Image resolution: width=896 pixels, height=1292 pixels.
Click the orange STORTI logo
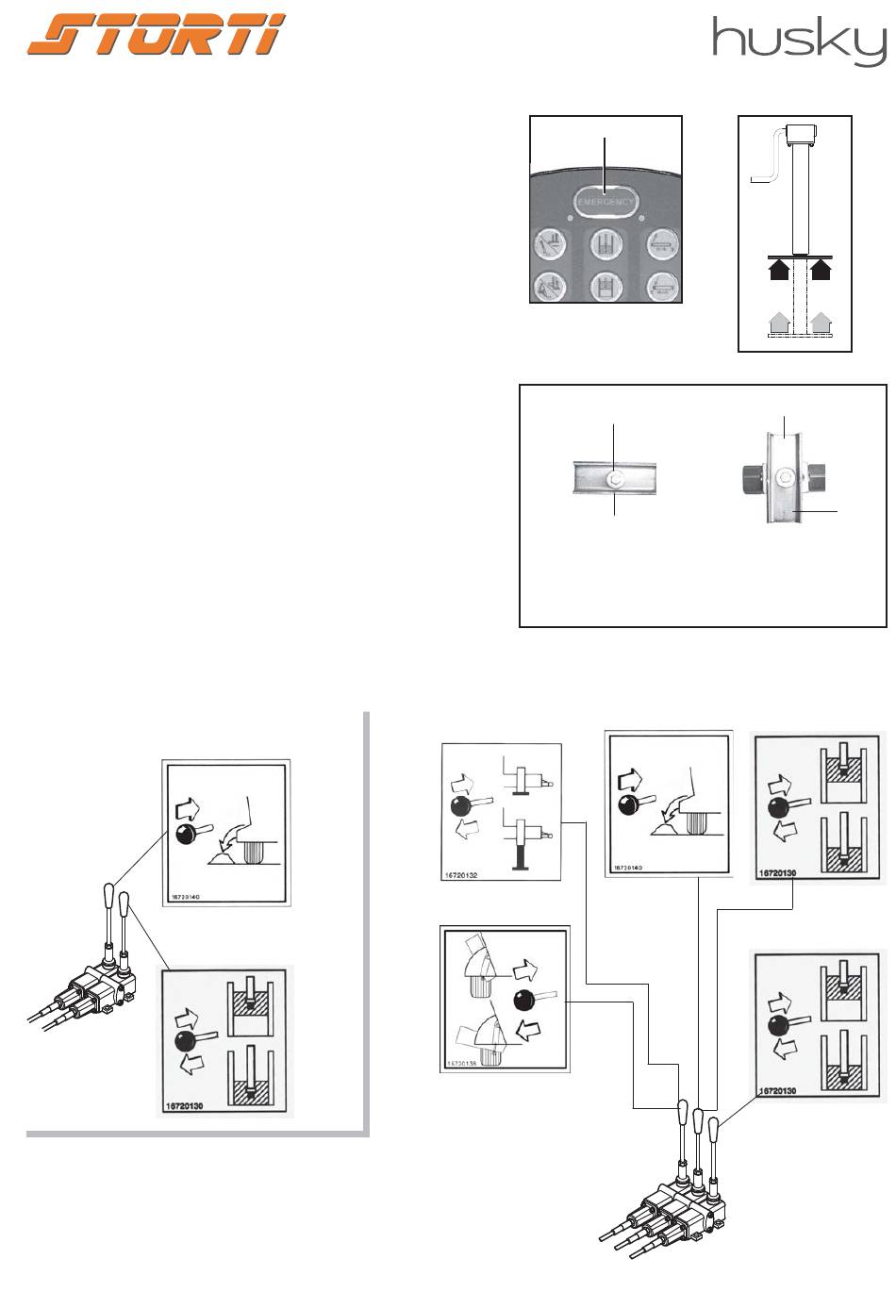(157, 36)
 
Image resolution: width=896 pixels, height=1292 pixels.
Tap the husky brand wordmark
(798, 41)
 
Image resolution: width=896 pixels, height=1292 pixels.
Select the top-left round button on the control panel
(548, 242)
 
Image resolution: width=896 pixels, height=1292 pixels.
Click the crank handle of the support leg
(769, 160)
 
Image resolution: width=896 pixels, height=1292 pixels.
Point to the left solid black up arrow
(780, 270)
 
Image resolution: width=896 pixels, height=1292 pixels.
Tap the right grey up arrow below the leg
(822, 323)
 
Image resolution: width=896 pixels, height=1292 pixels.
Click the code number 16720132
(461, 875)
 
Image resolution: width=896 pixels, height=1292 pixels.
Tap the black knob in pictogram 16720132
(461, 804)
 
